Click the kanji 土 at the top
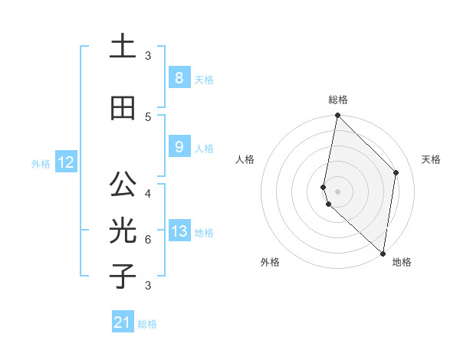123,47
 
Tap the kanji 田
123,109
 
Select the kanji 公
123,185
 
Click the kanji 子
123,277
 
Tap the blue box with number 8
179,77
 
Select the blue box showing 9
179,147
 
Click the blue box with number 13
179,231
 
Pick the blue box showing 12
66,162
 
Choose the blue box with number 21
123,322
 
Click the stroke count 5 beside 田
148,116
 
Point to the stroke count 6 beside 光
148,239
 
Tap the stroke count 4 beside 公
148,193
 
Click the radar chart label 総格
338,100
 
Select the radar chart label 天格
431,159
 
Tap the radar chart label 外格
270,262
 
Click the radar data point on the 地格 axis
383,254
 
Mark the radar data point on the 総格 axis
337,116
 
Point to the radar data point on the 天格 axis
396,172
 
